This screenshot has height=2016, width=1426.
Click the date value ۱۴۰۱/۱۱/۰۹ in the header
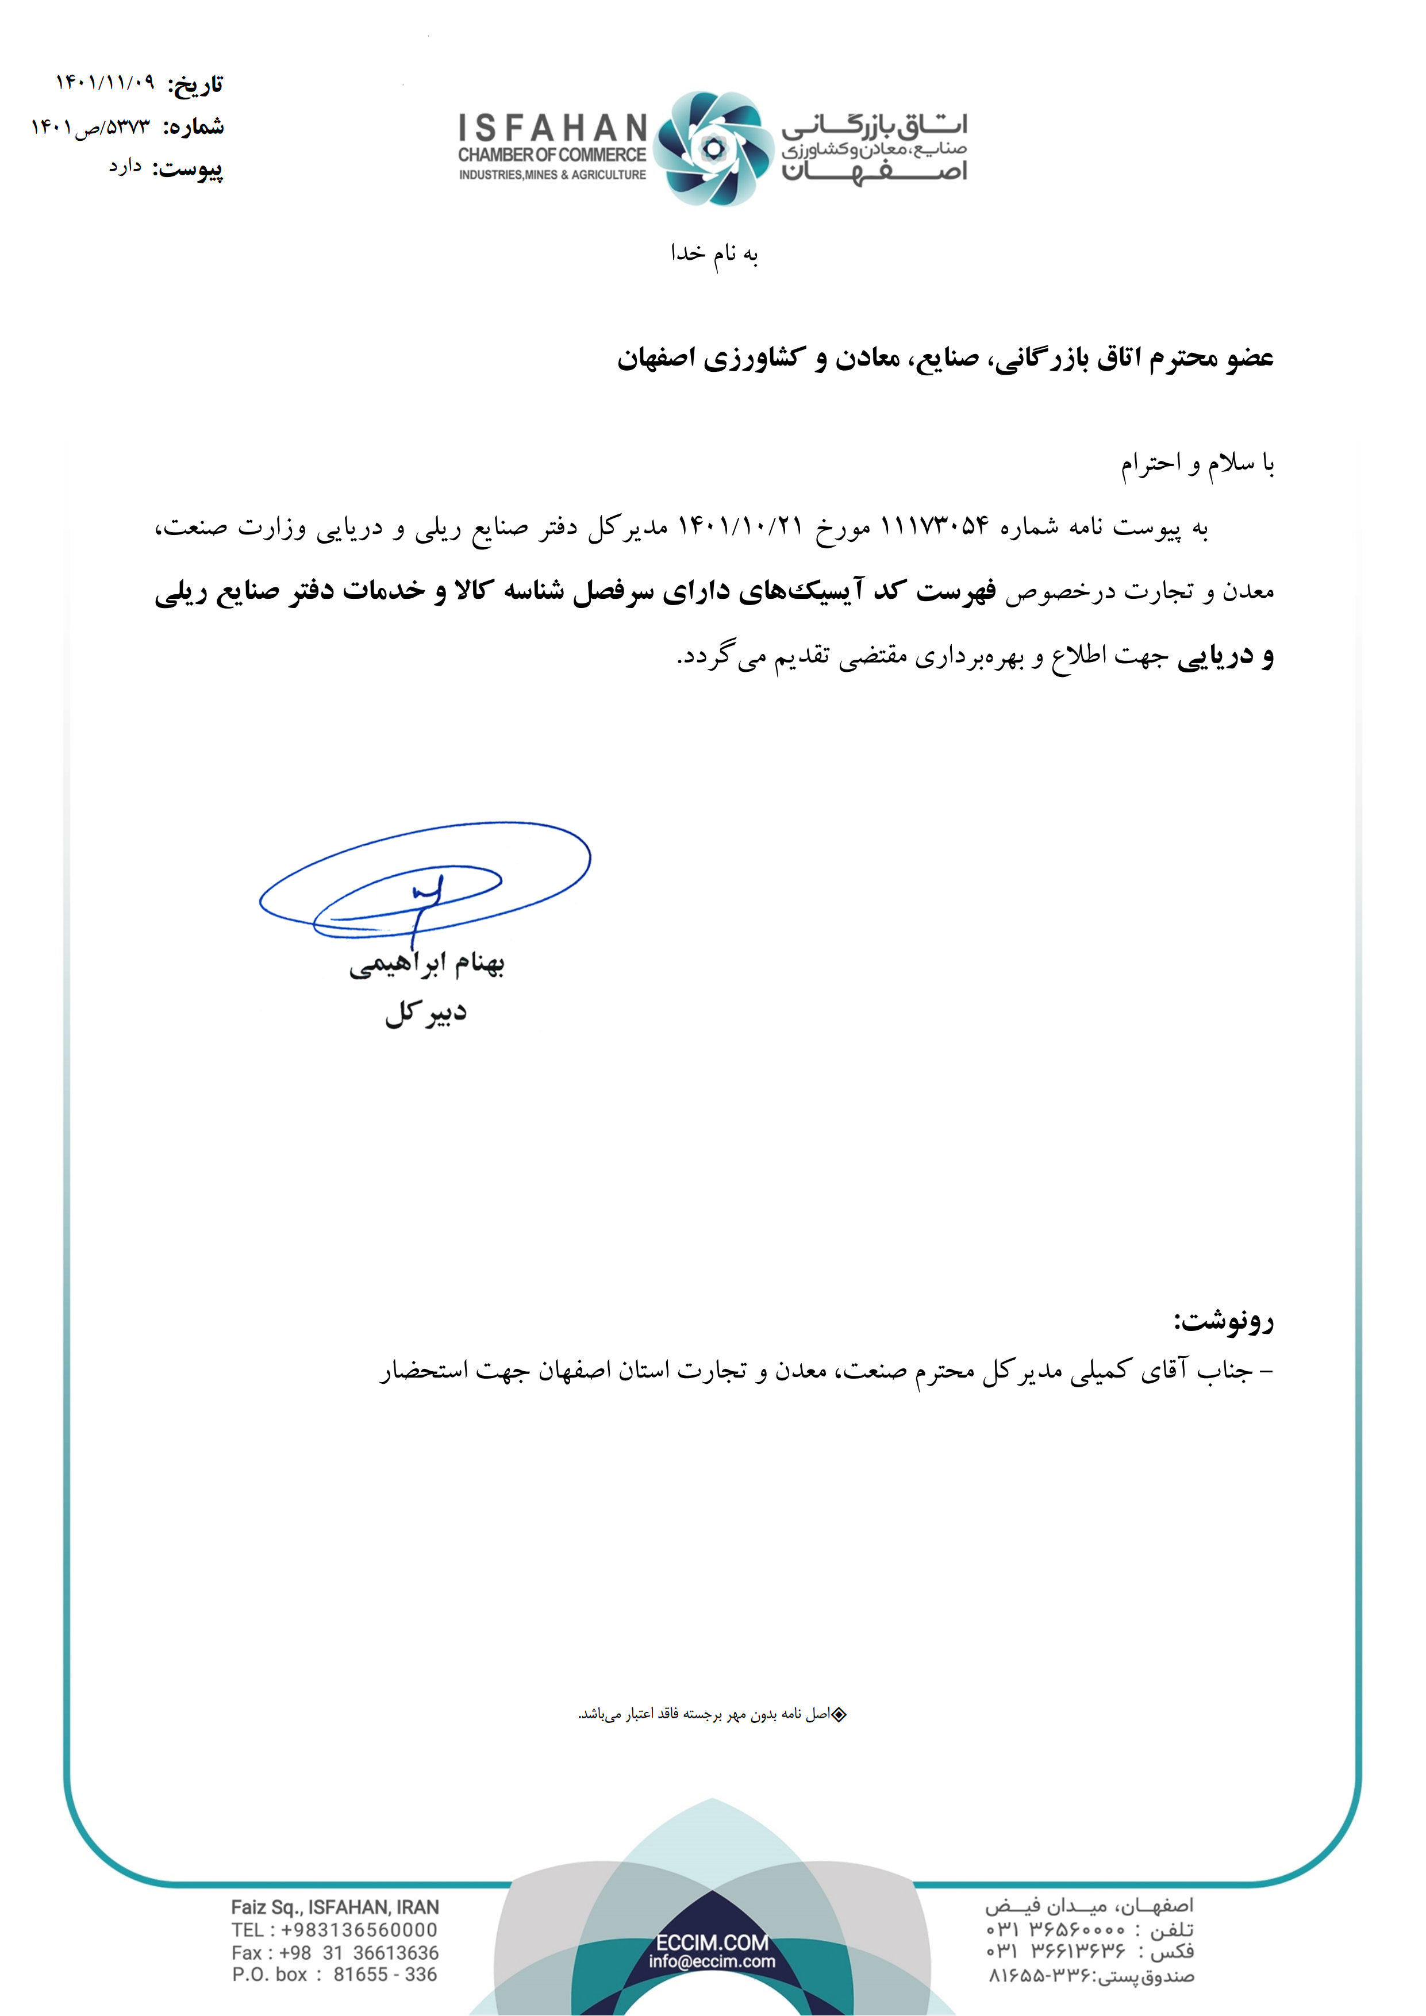105,83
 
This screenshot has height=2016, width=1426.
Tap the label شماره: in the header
194,128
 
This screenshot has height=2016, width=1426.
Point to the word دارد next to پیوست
125,167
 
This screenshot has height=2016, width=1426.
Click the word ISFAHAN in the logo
552,129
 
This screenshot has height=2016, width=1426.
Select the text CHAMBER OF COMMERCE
551,155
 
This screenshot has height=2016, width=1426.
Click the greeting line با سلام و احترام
1197,464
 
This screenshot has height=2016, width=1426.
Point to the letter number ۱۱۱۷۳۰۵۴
934,527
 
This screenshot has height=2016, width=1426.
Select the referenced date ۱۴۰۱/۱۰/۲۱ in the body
741,527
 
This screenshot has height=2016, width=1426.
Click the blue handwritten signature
424,883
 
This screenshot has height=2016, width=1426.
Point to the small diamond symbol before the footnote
839,1714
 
